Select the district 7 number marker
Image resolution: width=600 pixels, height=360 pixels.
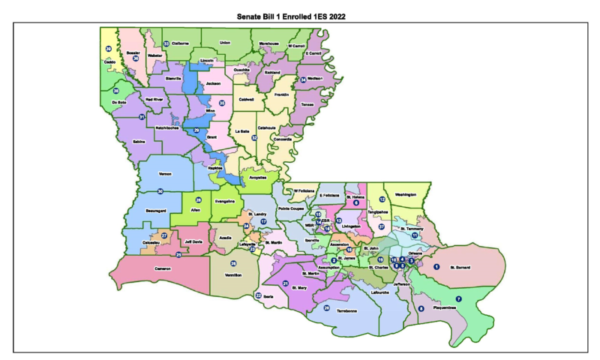click(x=459, y=299)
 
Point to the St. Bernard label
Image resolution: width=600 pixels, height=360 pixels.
click(x=463, y=266)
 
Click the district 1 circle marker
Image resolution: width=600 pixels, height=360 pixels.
click(x=436, y=266)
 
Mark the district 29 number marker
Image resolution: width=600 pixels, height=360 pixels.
click(x=196, y=130)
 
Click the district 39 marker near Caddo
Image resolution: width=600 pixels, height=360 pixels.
click(x=109, y=49)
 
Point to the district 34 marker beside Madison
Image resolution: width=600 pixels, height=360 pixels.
click(x=303, y=79)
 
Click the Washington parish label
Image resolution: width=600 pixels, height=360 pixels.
click(x=405, y=194)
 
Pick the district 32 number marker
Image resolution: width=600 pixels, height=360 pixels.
click(x=255, y=138)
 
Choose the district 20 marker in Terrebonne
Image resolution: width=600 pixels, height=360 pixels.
click(x=326, y=307)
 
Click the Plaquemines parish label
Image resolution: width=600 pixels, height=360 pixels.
click(x=445, y=307)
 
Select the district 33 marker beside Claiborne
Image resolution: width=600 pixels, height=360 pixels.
click(x=166, y=43)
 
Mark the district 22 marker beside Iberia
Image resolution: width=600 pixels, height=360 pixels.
click(x=258, y=295)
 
